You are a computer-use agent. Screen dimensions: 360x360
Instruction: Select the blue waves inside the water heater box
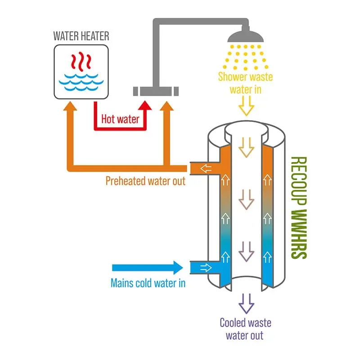click(x=81, y=81)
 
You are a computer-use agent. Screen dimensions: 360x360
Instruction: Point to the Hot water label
click(x=120, y=119)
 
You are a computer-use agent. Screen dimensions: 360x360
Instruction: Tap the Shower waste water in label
click(x=245, y=83)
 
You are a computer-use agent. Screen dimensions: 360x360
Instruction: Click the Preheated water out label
click(x=145, y=181)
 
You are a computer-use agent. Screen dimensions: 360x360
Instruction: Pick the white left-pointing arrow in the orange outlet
click(x=206, y=169)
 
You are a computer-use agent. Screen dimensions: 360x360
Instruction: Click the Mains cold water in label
click(x=148, y=283)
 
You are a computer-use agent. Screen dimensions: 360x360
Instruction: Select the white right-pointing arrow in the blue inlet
click(x=206, y=268)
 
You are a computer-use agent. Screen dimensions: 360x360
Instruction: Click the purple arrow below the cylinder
click(x=246, y=303)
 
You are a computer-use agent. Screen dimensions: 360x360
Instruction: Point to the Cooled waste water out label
click(x=245, y=329)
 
